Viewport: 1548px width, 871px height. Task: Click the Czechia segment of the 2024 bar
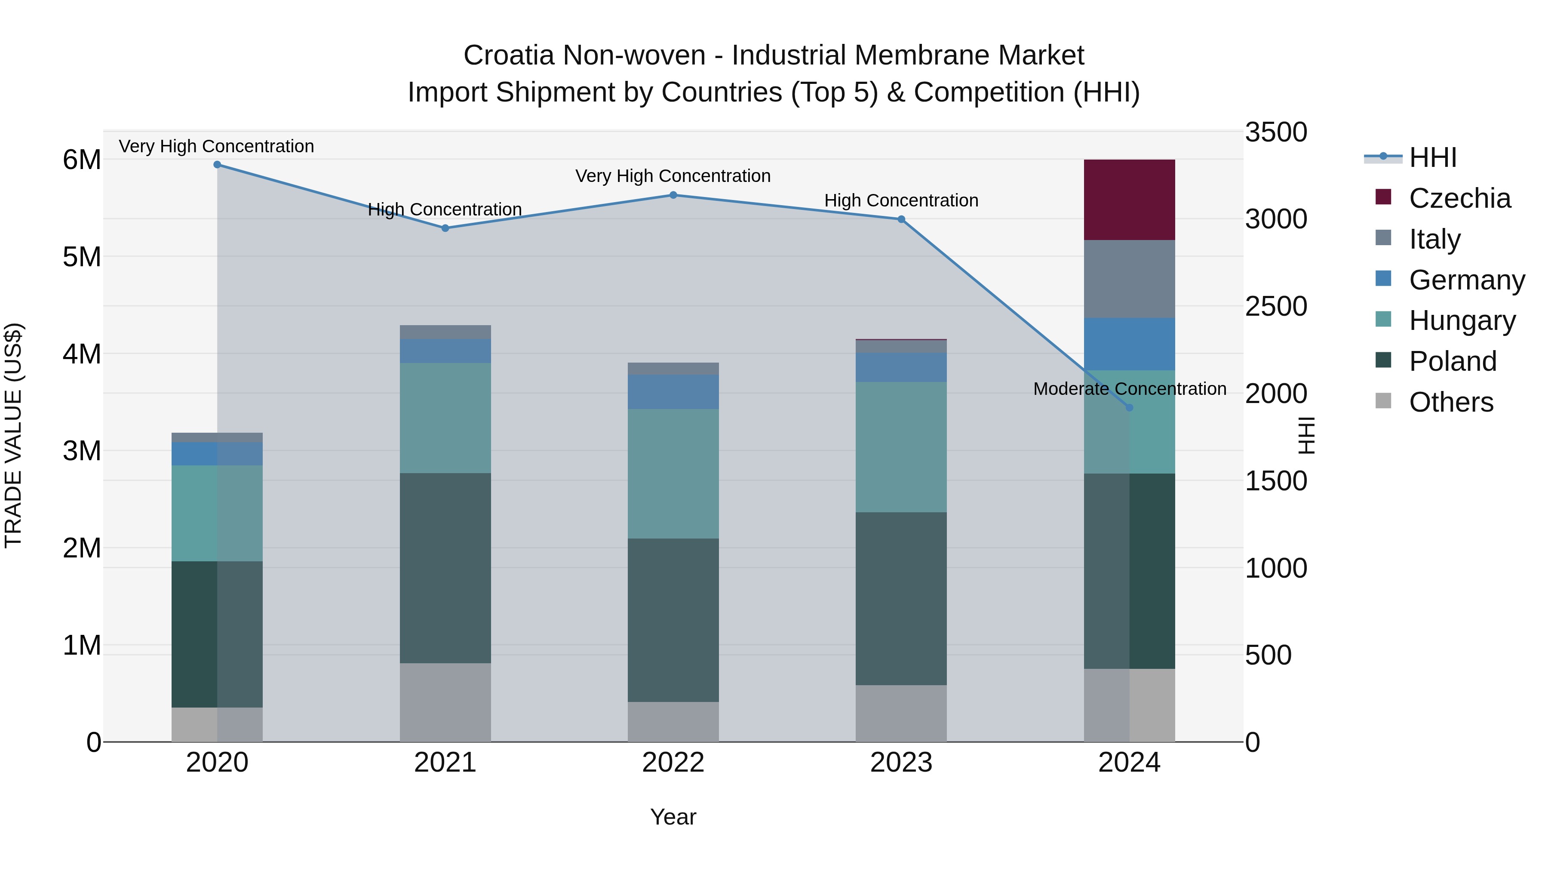click(1129, 200)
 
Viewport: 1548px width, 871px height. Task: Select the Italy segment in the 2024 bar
click(1129, 279)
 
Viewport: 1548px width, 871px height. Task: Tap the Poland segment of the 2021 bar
click(445, 568)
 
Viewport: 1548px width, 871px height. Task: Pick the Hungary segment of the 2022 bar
click(673, 474)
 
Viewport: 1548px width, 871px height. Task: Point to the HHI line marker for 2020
click(218, 165)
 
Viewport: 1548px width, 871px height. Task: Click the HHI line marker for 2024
click(1129, 408)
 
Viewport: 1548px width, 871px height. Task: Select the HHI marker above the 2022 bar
click(673, 195)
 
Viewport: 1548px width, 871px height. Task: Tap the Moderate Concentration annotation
click(1129, 389)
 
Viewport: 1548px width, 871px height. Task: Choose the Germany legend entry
click(1466, 280)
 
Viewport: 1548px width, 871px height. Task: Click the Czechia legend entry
click(1459, 198)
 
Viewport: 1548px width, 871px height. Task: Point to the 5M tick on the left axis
click(82, 257)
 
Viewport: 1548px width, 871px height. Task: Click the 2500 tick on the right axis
click(1275, 307)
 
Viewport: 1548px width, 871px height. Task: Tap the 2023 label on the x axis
click(901, 763)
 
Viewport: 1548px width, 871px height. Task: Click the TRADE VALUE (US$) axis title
click(13, 435)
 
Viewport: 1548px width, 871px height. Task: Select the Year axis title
click(673, 817)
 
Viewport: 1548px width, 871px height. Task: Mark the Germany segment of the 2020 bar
click(217, 454)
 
